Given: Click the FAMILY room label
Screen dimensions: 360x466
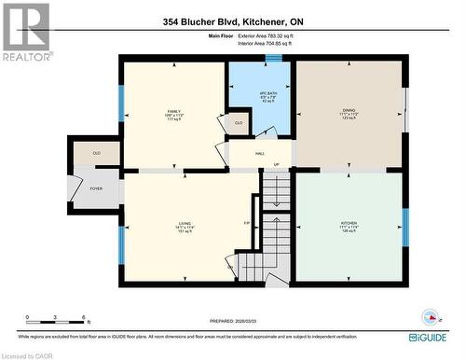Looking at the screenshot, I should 174,110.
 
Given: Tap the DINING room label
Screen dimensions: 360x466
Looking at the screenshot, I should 349,109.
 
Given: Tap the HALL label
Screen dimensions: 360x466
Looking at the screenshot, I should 260,153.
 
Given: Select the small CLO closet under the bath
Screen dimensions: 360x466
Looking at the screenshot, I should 239,122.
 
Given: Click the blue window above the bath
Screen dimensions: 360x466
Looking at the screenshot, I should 273,59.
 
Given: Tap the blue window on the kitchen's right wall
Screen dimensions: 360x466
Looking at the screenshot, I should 404,227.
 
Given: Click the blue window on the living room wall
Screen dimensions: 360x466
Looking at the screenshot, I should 120,242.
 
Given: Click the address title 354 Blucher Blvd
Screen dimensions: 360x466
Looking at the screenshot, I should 233,21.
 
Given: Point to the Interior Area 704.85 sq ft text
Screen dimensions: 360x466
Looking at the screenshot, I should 265,43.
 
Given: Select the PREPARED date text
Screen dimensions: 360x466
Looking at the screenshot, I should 233,317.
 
